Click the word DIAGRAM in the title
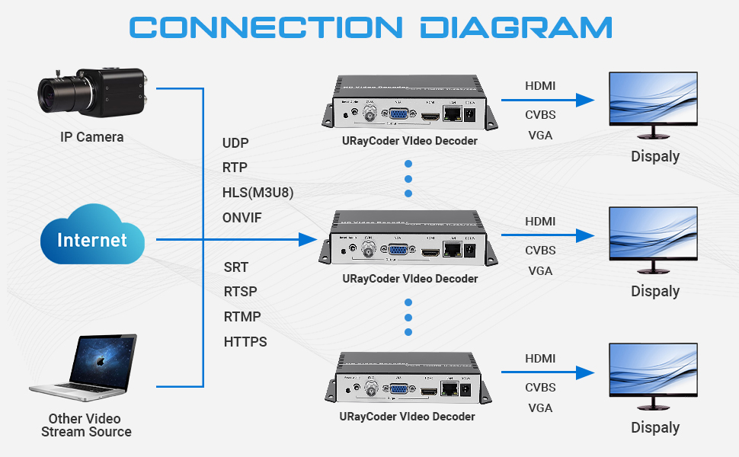point(516,27)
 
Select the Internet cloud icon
point(91,240)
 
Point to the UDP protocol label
point(235,142)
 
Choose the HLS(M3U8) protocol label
point(258,193)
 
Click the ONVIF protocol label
point(242,217)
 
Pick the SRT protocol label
point(236,267)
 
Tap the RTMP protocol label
point(242,316)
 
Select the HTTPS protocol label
point(245,342)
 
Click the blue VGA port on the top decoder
point(397,115)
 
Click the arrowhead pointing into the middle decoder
point(308,240)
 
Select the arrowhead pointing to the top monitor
point(584,99)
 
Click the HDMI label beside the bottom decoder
point(539,359)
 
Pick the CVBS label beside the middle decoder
point(539,250)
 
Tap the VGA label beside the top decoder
point(539,136)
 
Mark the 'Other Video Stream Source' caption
point(85,425)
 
